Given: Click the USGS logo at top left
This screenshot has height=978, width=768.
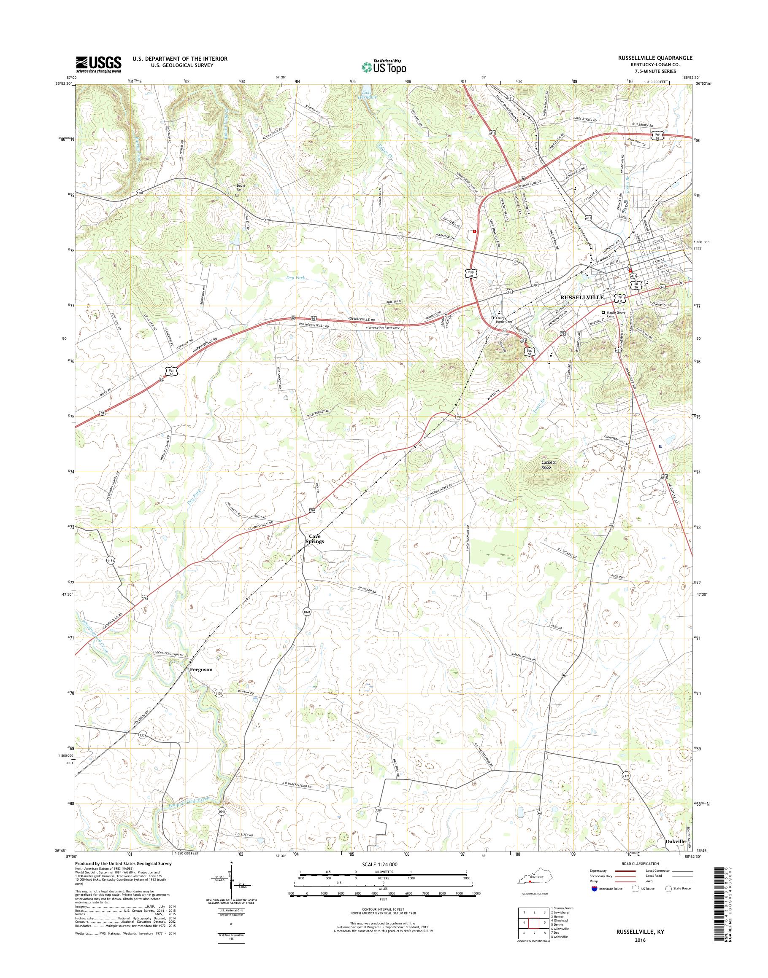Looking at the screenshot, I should [x=98, y=64].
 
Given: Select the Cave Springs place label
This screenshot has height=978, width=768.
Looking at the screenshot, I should [x=316, y=539].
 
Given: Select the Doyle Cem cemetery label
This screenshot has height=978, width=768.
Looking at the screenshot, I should [x=243, y=188].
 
